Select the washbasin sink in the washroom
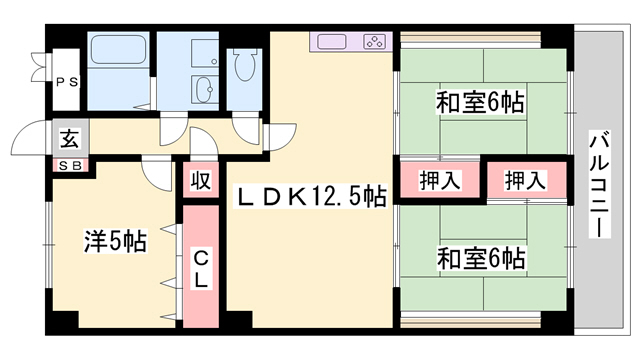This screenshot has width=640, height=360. click(206, 87)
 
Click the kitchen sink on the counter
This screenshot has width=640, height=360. click(334, 42)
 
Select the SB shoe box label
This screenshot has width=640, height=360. click(68, 164)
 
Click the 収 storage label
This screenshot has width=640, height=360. click(200, 182)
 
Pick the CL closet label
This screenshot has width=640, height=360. click(200, 267)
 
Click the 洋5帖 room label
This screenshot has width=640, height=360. click(114, 241)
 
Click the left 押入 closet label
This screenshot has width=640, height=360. click(439, 181)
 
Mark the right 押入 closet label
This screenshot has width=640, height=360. click(525, 181)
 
